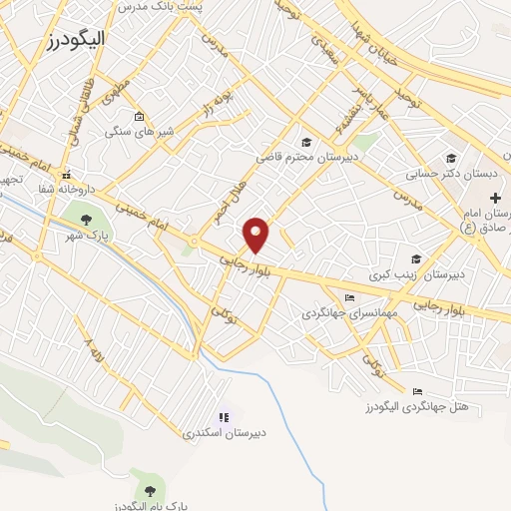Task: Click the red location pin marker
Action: pos(257,235)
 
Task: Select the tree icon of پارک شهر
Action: pos(86,219)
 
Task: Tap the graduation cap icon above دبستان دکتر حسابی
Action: pos(451,157)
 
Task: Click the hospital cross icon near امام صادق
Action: pos(496,199)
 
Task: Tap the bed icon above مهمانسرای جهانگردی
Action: pos(349,297)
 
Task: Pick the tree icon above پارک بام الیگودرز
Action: pos(150,490)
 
